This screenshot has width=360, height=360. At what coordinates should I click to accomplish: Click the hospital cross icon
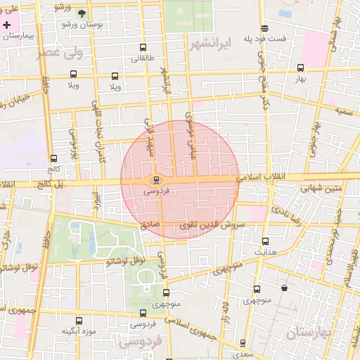point(7,25)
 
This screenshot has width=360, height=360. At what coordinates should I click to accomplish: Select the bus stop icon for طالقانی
point(143,48)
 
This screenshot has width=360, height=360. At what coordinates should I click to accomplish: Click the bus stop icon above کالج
point(54,158)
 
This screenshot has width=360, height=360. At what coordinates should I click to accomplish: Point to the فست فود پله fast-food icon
point(264,29)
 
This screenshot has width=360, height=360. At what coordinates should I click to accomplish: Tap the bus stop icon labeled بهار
point(301,68)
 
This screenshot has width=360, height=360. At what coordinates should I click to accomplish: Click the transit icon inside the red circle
point(156,179)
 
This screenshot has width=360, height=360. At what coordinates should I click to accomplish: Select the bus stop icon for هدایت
point(265,241)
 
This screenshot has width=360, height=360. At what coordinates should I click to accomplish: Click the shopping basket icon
point(284,288)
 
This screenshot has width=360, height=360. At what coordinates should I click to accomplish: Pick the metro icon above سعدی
point(243,343)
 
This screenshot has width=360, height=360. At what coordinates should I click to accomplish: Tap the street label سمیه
point(343,111)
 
